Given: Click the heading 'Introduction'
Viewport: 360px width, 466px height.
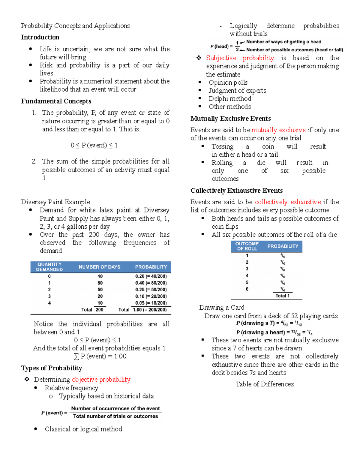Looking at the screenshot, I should click(40, 37).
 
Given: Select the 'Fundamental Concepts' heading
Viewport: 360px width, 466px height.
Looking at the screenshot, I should click(56, 101).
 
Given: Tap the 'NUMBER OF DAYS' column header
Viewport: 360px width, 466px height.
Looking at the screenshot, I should click(99, 267).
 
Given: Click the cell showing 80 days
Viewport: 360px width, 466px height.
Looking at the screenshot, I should click(100, 283).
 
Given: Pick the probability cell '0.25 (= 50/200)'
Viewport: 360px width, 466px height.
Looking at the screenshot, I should click(151, 290).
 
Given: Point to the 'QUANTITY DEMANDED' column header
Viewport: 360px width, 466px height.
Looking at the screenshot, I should click(49, 267).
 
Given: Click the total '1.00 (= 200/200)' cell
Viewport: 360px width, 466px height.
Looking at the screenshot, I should click(150, 310).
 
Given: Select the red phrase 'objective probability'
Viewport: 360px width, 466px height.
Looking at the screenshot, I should click(101, 380).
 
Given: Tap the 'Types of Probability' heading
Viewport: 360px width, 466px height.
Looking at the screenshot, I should click(51, 368).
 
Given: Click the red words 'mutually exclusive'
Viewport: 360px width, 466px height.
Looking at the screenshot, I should click(278, 130).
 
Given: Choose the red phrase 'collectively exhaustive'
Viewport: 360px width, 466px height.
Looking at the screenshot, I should click(288, 202).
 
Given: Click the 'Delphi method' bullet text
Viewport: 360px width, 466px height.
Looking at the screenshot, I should click(230, 99).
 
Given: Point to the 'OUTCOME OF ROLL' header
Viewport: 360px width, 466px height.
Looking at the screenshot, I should click(247, 246).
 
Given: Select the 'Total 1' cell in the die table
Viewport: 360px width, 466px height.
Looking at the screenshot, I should click(282, 296).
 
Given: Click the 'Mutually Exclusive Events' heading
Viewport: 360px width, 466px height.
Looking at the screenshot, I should click(230, 119).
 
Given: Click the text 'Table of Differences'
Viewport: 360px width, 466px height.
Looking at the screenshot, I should click(265, 384).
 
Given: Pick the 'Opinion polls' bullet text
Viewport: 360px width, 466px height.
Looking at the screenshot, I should click(228, 83).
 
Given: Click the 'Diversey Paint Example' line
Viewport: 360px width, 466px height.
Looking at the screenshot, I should click(55, 202).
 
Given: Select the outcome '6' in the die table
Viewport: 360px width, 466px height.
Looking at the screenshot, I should click(247, 289).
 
